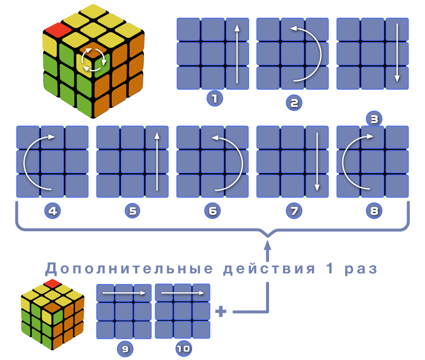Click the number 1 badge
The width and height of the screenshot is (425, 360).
pos(215,99)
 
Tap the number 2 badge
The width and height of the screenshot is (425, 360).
pos(294,102)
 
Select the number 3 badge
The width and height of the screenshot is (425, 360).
pos(374,119)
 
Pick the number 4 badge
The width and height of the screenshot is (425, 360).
pos(53,211)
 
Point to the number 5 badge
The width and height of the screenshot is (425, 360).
pos(133,211)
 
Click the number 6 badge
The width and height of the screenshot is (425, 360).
pos(212,211)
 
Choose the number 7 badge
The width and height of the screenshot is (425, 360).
pos(294,211)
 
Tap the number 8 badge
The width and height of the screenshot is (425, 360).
pos(374,211)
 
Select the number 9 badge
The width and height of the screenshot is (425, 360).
pos(125,349)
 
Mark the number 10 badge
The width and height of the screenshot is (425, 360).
pos(184,349)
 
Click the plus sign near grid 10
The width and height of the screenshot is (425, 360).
pos(221,312)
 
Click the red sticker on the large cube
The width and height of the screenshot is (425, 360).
pos(58,29)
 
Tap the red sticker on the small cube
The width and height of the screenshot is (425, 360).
pos(53,283)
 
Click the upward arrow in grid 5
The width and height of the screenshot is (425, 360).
pos(157,161)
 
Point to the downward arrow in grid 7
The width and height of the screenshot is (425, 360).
pos(317,161)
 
